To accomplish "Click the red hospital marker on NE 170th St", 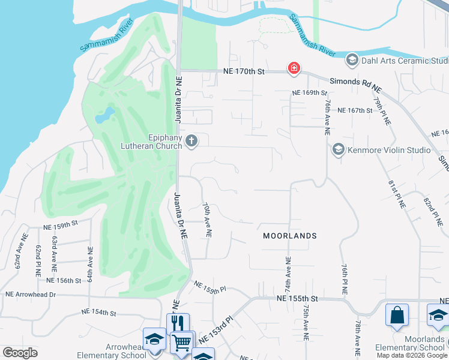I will [294, 68].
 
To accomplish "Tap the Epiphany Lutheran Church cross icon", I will [191, 141].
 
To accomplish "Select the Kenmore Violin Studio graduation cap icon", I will [338, 149].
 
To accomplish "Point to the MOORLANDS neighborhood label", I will [290, 236].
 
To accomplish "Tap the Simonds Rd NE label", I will [355, 85].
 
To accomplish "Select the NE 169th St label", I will [310, 93].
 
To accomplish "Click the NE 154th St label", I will [98, 313].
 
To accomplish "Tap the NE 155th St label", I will [297, 298].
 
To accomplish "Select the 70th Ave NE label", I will [208, 220].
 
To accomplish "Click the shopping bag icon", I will [397, 315].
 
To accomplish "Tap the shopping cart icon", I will [182, 343].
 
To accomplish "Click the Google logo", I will [20, 353].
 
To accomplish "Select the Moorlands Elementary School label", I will [408, 343].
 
